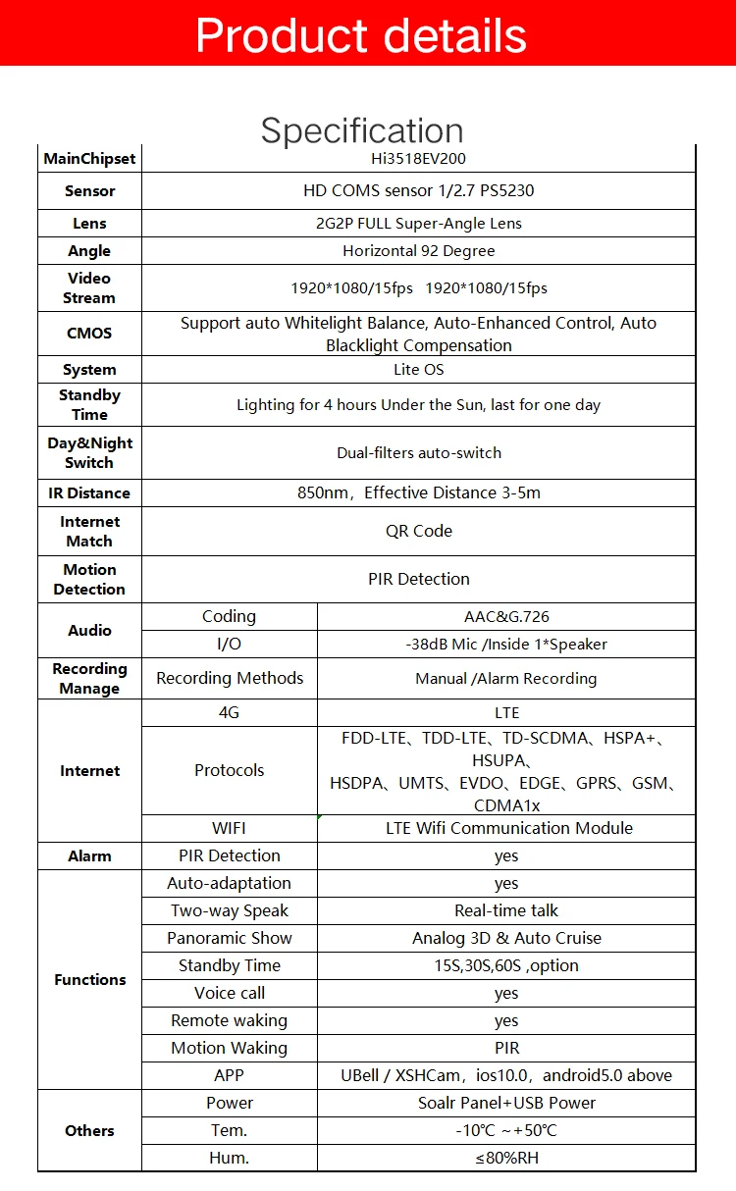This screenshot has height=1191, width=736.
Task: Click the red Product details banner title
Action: (361, 35)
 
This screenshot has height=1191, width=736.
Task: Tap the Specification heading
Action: (361, 130)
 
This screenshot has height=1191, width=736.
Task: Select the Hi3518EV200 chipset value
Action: (419, 158)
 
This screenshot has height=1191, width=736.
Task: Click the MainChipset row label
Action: (89, 159)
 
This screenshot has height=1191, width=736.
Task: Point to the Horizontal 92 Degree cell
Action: (419, 251)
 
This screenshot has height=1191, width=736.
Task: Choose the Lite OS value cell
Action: (419, 370)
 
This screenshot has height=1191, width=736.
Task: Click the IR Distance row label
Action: (89, 492)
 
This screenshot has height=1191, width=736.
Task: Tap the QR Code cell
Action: (419, 531)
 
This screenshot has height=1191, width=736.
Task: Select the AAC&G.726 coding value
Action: (506, 617)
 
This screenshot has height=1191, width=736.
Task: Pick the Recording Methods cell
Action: (230, 678)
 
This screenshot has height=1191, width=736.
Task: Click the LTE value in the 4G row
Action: (506, 713)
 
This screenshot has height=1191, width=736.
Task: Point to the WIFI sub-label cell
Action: (230, 828)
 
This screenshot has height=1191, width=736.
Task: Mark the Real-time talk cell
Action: (506, 910)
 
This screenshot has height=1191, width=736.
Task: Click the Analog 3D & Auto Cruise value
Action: (506, 938)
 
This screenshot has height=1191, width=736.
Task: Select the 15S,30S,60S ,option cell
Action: (506, 965)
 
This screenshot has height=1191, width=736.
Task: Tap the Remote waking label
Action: (230, 1020)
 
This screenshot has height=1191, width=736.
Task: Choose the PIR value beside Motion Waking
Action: (506, 1048)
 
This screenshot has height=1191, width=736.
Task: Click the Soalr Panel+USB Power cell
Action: (506, 1103)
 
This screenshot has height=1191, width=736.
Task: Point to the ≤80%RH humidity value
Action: (506, 1158)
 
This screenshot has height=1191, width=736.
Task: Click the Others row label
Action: (89, 1130)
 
